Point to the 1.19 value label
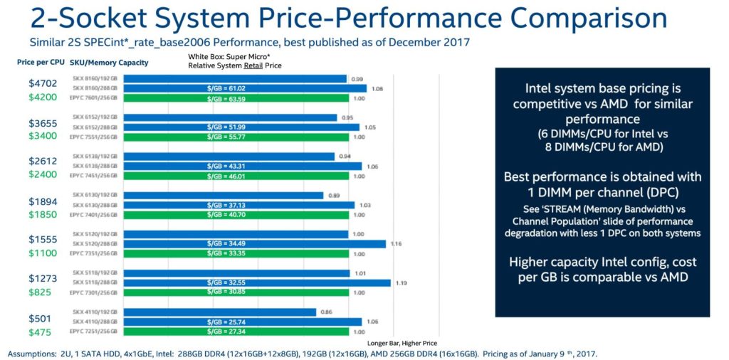pyautogui.click(x=400, y=282)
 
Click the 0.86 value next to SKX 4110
pyautogui.click(x=325, y=312)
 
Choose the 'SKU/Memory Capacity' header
pyautogui.click(x=112, y=63)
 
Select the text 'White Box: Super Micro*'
pyautogui.click(x=229, y=56)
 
